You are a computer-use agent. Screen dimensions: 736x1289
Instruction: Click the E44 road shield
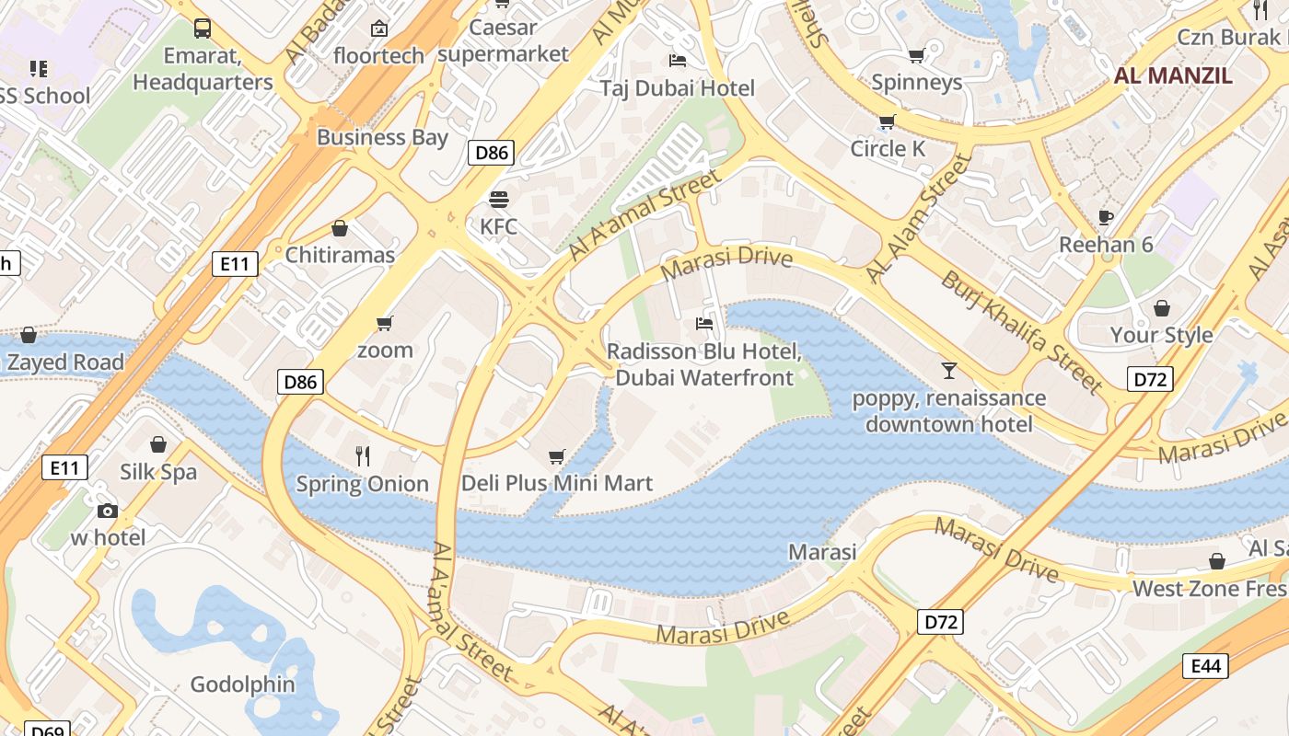(1205, 666)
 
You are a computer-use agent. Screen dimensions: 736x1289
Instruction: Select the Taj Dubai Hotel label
(677, 88)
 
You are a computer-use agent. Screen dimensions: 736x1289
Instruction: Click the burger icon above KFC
(499, 200)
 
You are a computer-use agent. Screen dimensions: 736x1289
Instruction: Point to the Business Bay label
(382, 138)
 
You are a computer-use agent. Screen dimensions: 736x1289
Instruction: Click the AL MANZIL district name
(1173, 75)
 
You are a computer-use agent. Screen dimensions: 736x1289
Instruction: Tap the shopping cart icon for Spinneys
(916, 56)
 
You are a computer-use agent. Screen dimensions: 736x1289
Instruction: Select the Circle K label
(888, 148)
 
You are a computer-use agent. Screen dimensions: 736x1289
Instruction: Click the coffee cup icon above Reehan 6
(1106, 218)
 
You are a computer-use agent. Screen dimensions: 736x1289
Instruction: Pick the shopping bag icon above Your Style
(1162, 308)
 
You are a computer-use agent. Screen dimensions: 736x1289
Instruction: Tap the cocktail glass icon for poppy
(948, 371)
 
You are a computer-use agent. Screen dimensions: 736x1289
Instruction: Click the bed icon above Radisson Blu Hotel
(704, 324)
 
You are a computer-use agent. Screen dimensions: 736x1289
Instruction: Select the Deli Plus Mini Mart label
(556, 483)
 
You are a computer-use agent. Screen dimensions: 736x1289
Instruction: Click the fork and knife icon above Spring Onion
(363, 455)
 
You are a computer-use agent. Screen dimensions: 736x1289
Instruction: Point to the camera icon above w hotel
(108, 511)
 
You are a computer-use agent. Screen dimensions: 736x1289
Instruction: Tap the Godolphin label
(242, 684)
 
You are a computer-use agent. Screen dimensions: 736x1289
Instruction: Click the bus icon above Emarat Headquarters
(203, 29)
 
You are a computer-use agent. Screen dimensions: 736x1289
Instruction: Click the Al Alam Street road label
(919, 219)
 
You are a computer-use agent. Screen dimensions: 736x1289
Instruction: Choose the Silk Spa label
(158, 472)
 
